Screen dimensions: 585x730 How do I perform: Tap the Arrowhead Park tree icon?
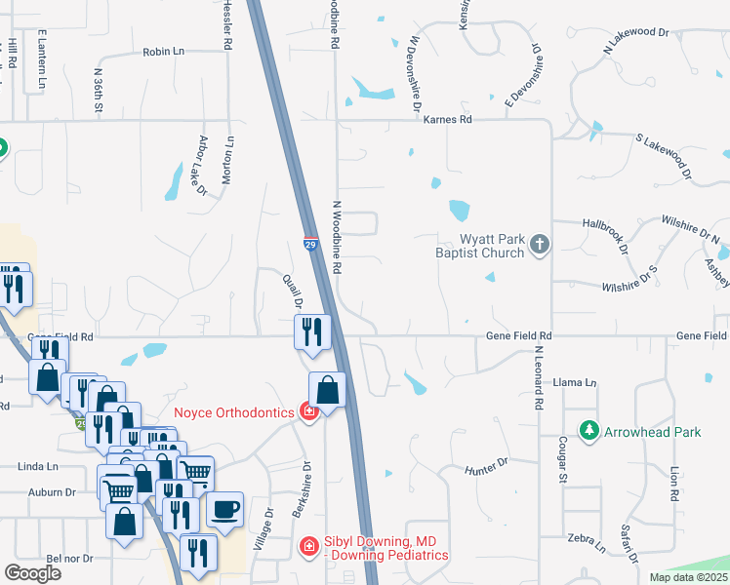[x=588, y=430]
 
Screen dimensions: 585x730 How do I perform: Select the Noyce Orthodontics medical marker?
[x=309, y=412]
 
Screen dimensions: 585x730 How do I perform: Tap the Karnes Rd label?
[x=449, y=119]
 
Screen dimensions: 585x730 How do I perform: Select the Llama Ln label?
[x=574, y=383]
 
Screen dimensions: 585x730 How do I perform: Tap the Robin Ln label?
[x=163, y=52]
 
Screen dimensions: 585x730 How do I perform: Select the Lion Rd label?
[x=674, y=482]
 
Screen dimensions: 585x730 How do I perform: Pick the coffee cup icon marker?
[x=224, y=509]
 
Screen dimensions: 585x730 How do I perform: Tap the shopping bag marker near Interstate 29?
[x=328, y=391]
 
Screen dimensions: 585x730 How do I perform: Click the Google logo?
[x=32, y=572]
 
